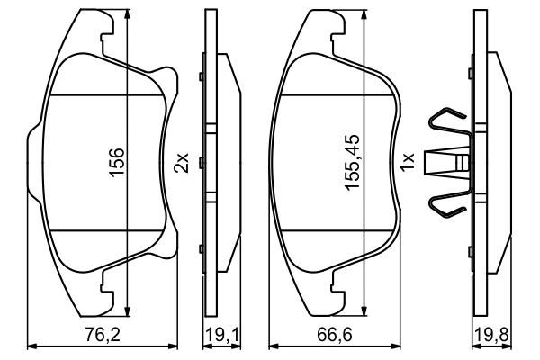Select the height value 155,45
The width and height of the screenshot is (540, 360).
point(352,163)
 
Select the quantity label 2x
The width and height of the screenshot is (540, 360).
point(181,163)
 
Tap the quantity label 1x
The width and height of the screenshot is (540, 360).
point(407,163)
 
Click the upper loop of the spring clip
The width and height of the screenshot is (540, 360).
point(447,122)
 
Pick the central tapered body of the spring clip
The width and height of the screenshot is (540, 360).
point(447,163)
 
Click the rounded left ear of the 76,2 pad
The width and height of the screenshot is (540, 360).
point(33,163)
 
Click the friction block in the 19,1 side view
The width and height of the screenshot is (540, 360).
point(228,163)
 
